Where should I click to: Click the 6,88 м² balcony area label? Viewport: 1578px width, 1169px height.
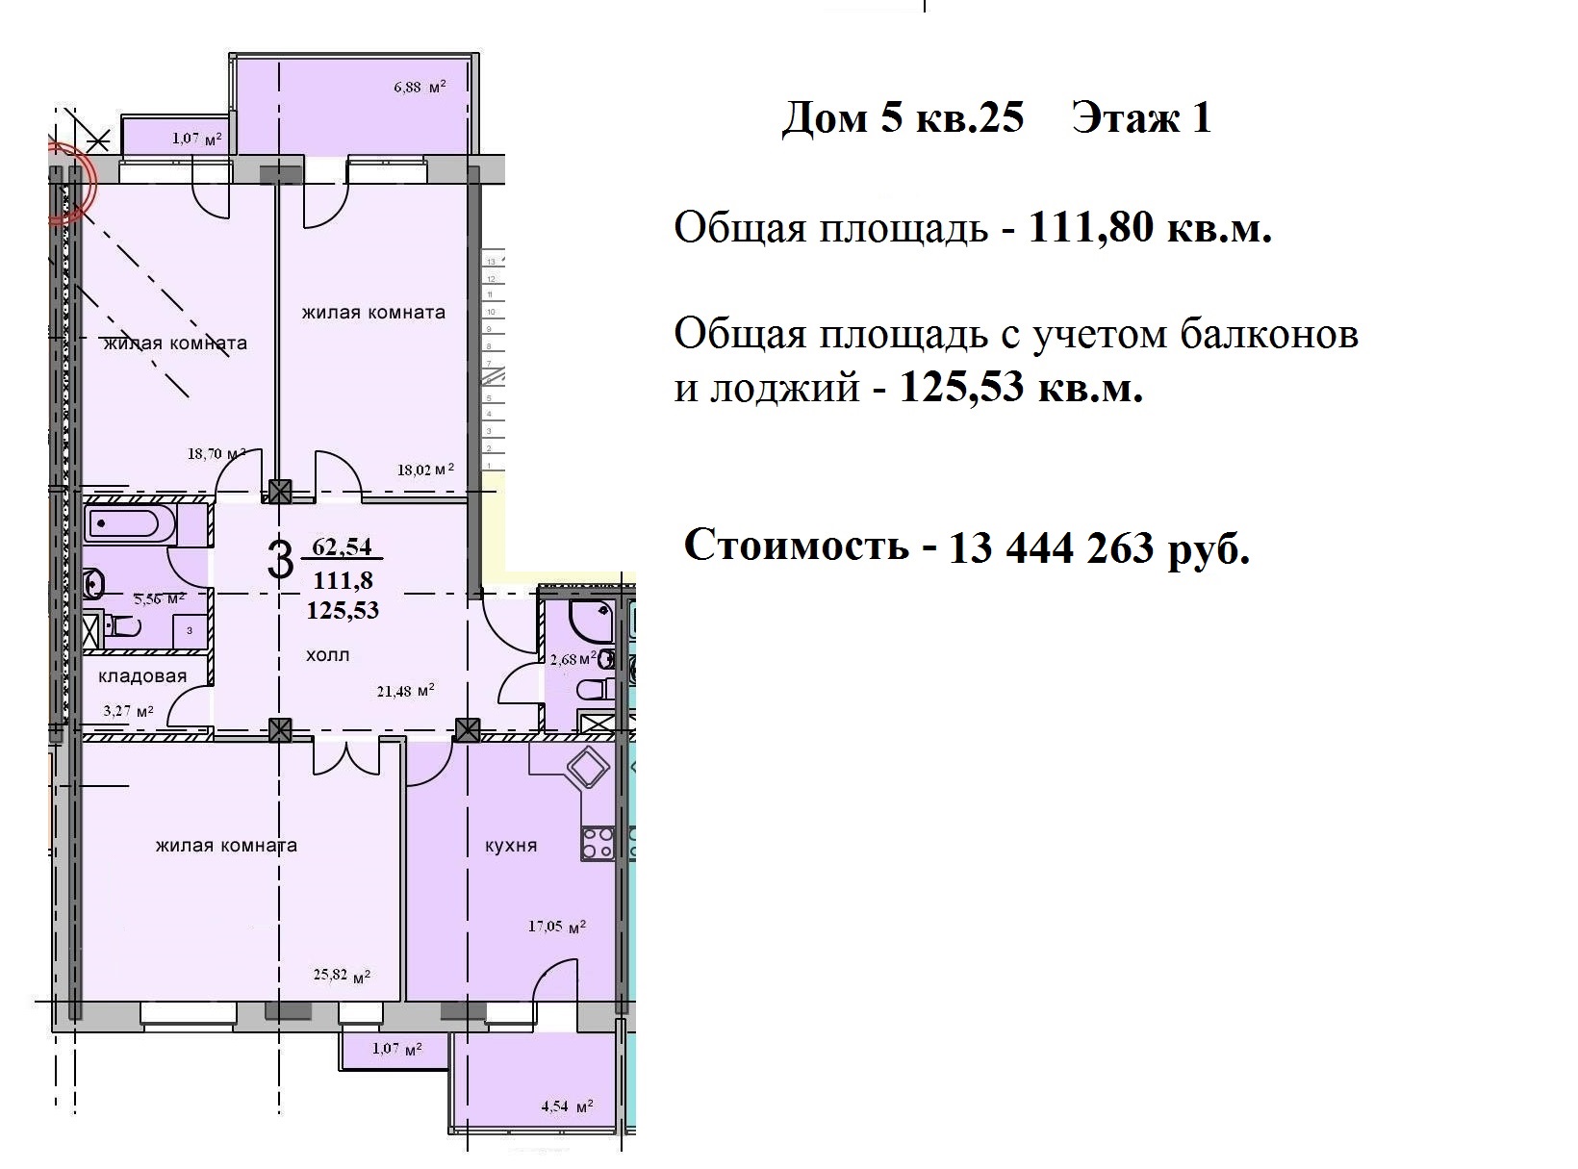420,88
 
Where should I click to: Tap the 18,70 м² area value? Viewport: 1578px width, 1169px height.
217,454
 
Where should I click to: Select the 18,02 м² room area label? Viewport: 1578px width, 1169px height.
425,470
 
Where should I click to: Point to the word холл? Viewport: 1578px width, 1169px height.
328,655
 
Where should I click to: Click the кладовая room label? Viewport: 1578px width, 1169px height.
142,676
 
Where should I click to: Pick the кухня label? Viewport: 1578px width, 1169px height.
511,846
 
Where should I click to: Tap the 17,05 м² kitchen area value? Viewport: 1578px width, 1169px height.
557,928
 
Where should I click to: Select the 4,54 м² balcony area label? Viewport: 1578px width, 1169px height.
567,1106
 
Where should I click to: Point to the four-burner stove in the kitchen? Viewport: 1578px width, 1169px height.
598,844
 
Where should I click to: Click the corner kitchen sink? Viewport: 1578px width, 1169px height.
586,769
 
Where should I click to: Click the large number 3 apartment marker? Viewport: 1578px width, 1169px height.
279,561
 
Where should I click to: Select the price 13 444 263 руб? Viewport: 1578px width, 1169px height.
1099,548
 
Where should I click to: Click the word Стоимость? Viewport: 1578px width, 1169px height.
796,546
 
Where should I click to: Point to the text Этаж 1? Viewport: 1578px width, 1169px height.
1141,118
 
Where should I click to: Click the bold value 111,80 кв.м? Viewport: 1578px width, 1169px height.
1150,229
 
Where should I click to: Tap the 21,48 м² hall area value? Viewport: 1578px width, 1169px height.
404,690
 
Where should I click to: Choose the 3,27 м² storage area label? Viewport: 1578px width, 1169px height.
129,712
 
